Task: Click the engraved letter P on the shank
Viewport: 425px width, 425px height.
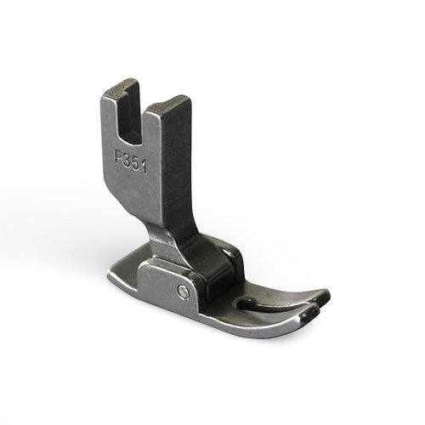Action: pyautogui.click(x=119, y=156)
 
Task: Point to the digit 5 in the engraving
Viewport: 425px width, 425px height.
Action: pyautogui.click(x=136, y=162)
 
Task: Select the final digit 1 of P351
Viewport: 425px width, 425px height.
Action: pyautogui.click(x=144, y=166)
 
